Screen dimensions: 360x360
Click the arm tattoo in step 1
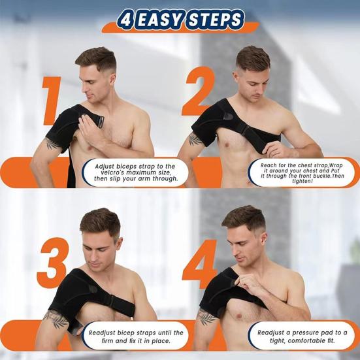pyautogui.click(x=54, y=143)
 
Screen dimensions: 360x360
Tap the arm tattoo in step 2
pyautogui.click(x=195, y=139)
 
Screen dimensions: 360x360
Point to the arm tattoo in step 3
pyautogui.click(x=56, y=319)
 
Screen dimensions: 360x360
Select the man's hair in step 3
pyautogui.click(x=99, y=219)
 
